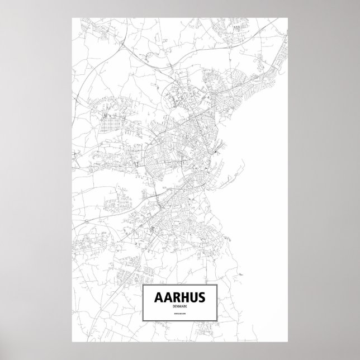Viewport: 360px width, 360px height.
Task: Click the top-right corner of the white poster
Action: pos(287,17)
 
